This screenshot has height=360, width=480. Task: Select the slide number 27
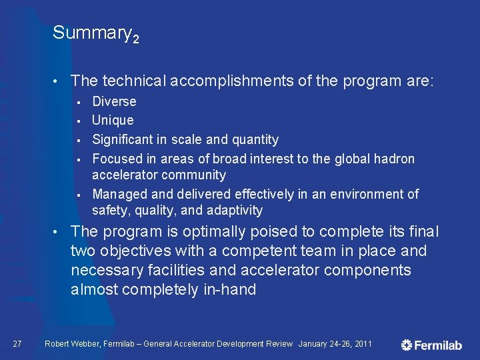pyautogui.click(x=18, y=344)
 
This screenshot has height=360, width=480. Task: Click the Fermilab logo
pyautogui.click(x=432, y=345)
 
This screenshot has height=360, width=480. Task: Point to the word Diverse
pyautogui.click(x=114, y=101)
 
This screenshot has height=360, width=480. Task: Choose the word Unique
pyautogui.click(x=113, y=120)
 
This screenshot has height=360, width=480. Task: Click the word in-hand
pyautogui.click(x=229, y=290)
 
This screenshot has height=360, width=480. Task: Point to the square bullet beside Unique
pyautogui.click(x=78, y=121)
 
